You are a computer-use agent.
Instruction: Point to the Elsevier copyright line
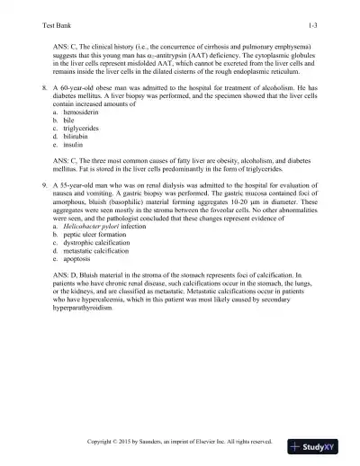click(179, 443)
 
